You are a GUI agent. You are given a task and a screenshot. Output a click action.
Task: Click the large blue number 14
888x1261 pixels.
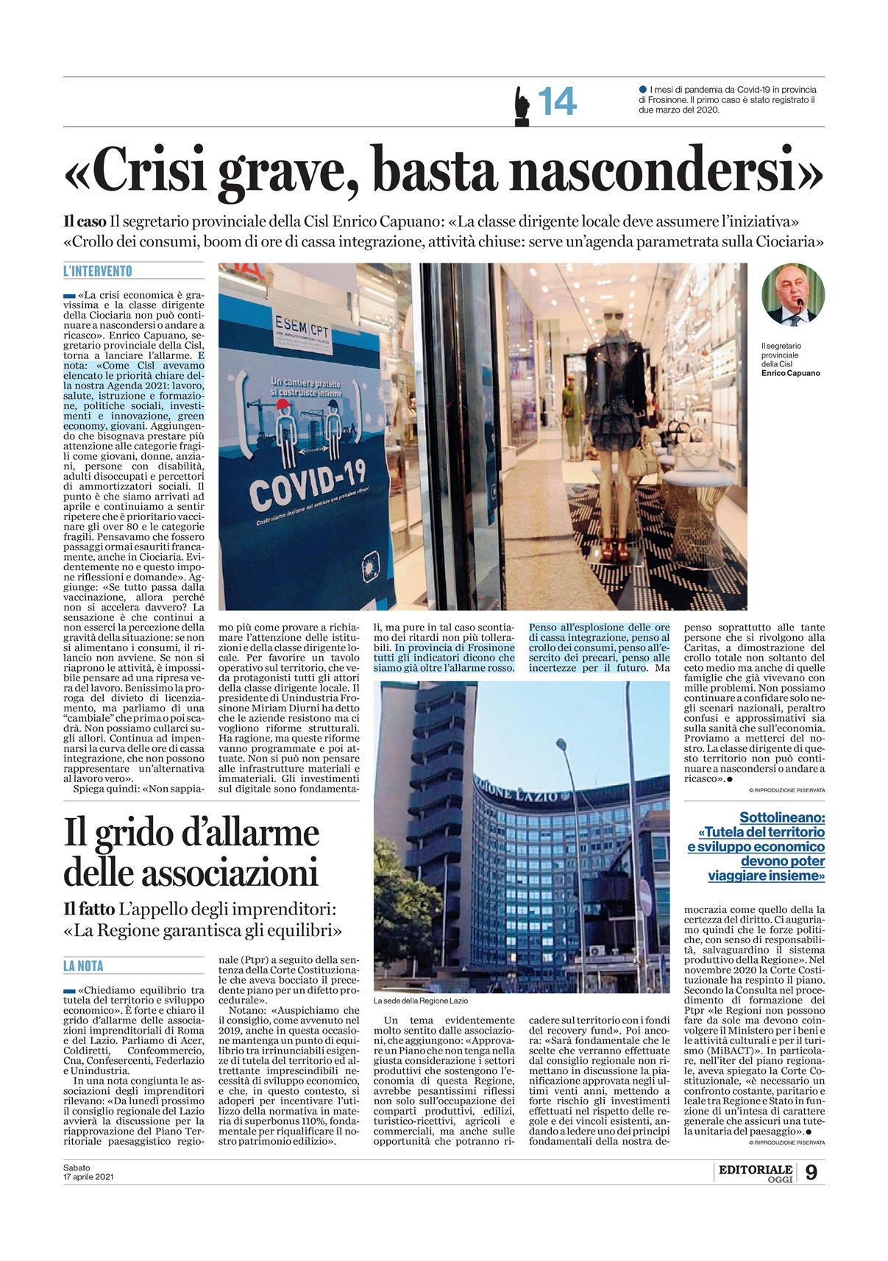(x=557, y=102)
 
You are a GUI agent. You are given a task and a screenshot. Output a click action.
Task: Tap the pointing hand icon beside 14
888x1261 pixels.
(x=522, y=104)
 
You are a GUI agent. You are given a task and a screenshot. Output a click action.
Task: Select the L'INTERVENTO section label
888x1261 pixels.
(x=98, y=271)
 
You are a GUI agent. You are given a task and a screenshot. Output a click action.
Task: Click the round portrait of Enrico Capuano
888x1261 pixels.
(x=792, y=294)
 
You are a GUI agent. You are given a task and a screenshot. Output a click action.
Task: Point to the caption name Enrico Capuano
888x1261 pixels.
(x=790, y=373)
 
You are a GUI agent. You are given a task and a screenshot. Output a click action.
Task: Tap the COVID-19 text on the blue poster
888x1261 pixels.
(x=308, y=487)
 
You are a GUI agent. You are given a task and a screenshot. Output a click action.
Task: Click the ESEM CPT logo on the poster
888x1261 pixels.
(x=302, y=325)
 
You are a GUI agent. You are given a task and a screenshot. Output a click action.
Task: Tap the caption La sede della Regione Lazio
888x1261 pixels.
(x=420, y=1001)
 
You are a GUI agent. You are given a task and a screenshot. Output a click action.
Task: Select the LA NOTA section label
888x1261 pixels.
(x=83, y=966)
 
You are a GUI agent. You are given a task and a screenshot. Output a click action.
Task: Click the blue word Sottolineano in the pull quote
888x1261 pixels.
(x=781, y=817)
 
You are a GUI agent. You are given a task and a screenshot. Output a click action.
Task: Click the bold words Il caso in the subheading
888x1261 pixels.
(x=84, y=221)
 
